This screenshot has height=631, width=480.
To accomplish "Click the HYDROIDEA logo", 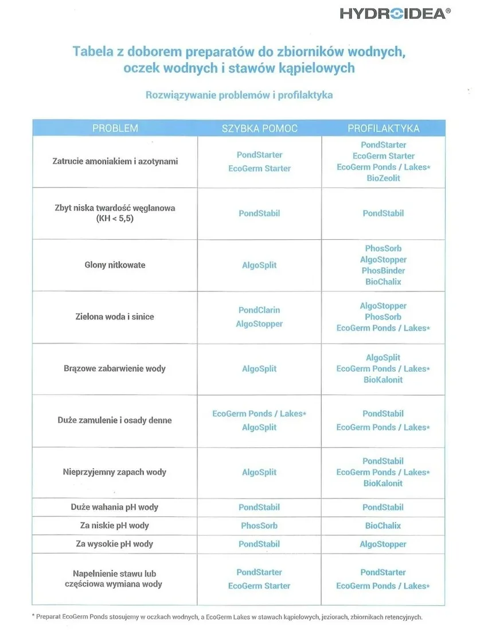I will coord(395,14).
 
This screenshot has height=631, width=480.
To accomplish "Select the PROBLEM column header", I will coord(115,128).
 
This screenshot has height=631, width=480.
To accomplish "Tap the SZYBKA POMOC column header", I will coord(260,128).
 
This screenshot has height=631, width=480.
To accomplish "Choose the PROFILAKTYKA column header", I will coord(383,128).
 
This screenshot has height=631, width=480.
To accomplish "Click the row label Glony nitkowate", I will coord(115,265).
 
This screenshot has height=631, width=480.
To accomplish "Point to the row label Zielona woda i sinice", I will coord(115,317).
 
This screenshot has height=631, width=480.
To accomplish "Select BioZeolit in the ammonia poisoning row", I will coord(383,178).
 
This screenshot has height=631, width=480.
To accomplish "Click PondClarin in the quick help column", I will coord(259,310).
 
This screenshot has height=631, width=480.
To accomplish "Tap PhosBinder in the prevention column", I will coord(383,271).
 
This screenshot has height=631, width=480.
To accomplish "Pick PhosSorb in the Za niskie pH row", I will coord(259,525).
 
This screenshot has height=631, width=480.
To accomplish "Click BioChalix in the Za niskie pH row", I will coord(383,525).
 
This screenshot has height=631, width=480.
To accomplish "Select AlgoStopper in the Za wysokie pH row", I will coord(383,544).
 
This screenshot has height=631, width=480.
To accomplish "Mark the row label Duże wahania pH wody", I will coord(115,507).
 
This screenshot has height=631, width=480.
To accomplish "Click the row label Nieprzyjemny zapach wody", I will coord(115,472).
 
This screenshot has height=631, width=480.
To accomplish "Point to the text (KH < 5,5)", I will coord(115,219).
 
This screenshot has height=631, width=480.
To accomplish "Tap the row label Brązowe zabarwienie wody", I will coord(115,368).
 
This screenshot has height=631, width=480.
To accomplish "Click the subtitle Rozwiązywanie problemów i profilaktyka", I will coord(239,95).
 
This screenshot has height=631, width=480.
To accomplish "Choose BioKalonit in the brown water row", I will coord(383,380).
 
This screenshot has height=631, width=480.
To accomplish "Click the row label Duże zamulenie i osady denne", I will coord(115,420).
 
